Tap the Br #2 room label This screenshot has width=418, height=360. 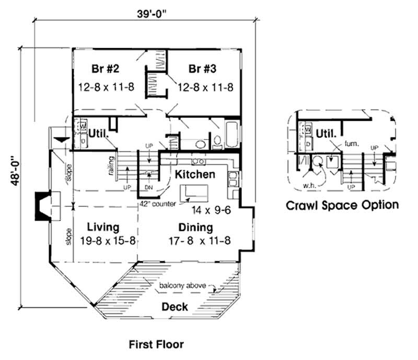pos(102,69)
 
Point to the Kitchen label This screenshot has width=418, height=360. pos(194,173)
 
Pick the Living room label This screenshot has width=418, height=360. pos(103,227)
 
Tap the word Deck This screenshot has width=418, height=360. pos(175,306)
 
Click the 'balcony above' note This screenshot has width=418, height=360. pos(182,286)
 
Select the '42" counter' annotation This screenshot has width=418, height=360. pos(157,204)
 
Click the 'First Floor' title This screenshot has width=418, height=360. pos(156,344)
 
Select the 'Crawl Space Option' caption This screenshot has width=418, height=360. pos(342,205)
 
